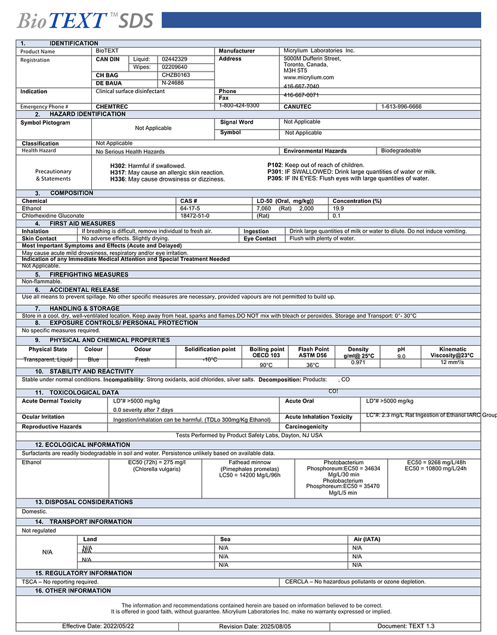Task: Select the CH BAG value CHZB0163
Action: (176, 75)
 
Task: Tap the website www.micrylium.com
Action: (308, 78)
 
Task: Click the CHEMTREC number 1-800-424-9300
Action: (239, 106)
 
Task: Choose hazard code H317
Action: (118, 172)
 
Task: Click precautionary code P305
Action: (274, 178)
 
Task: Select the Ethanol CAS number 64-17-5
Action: (190, 208)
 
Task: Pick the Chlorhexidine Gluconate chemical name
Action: (53, 215)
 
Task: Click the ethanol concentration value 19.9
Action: (338, 208)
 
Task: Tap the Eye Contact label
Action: (260, 239)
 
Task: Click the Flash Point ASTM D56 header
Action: (313, 352)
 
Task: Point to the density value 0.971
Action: (358, 362)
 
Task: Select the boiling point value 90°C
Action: (266, 365)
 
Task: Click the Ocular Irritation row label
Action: (43, 417)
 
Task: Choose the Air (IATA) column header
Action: (366, 540)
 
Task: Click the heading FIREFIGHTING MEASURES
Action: (89, 275)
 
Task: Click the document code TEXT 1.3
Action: (421, 626)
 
